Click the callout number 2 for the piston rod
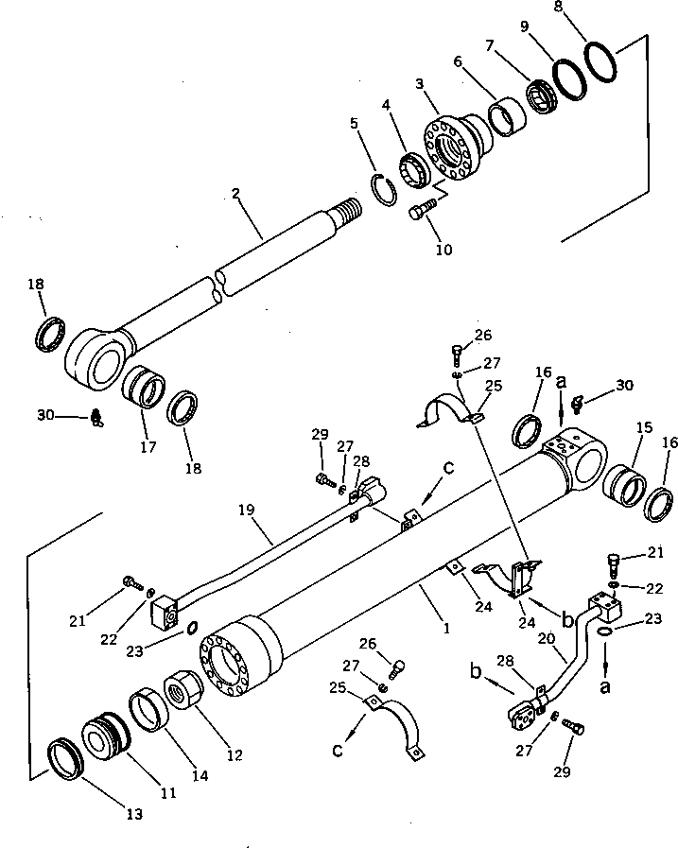coord(235,194)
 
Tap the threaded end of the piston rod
coord(350,210)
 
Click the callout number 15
coord(643,428)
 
